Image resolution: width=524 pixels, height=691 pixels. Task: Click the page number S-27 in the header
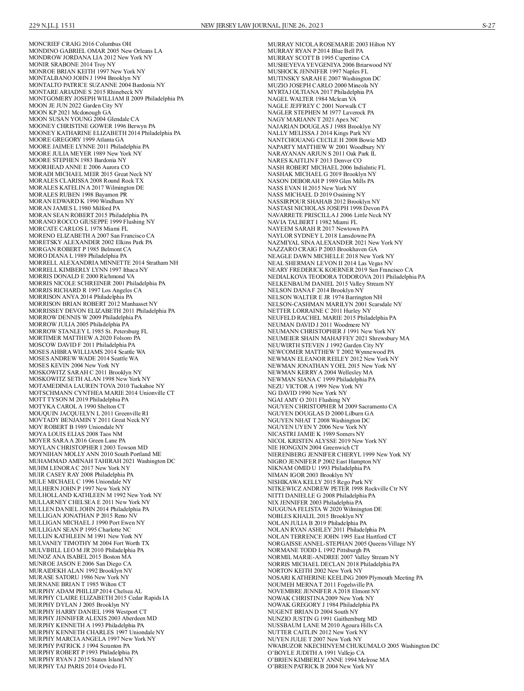488,25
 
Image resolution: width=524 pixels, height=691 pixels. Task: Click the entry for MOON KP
70,112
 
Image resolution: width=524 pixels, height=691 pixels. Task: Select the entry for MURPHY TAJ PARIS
77,666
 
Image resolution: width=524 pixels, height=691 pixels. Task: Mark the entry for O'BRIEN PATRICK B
321,667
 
